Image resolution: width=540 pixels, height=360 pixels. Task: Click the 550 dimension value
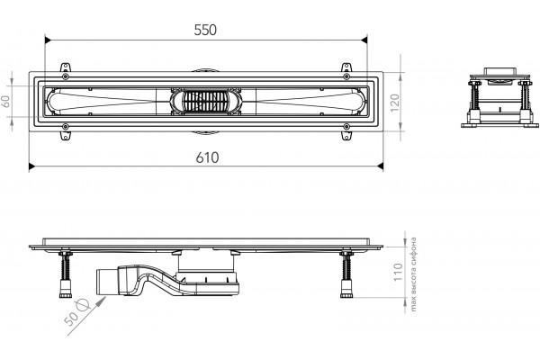[205, 30]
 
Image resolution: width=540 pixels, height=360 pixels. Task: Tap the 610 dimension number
[207, 157]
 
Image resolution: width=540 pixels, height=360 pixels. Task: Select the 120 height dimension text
[395, 103]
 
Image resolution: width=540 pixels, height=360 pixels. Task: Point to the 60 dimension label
[6, 101]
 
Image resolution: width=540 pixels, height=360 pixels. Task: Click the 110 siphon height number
[398, 272]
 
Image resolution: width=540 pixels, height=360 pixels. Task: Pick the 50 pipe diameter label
[72, 318]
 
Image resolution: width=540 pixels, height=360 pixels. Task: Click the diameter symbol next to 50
[83, 304]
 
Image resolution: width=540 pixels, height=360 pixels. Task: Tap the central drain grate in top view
[205, 102]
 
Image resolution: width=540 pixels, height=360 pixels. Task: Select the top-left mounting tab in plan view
[65, 67]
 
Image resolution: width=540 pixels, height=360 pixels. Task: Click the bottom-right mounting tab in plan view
[346, 135]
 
